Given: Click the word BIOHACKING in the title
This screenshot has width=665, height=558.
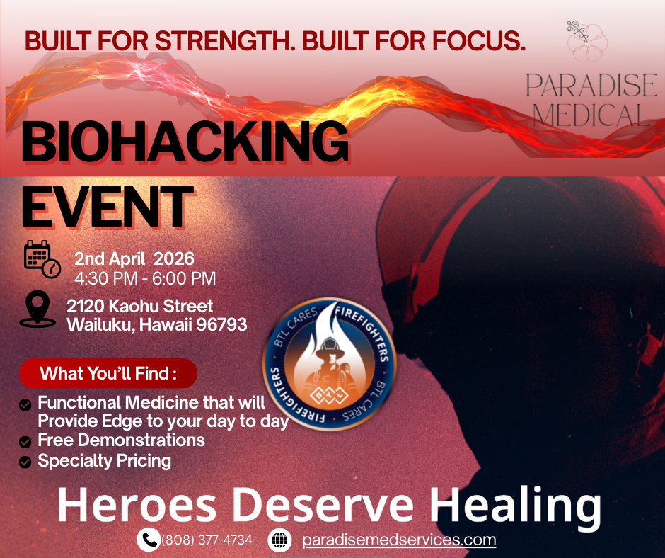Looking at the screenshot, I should pyautogui.click(x=185, y=143).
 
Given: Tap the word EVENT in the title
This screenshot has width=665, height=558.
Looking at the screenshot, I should pyautogui.click(x=107, y=206).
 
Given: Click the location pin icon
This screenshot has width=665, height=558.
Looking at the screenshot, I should pyautogui.click(x=37, y=309).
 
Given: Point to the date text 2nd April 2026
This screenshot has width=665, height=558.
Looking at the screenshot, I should pyautogui.click(x=134, y=259).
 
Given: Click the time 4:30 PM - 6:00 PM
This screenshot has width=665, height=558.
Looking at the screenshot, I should pyautogui.click(x=145, y=278).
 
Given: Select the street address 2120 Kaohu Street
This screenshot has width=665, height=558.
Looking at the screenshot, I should pyautogui.click(x=139, y=307).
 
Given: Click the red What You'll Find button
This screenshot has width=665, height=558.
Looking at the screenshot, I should pyautogui.click(x=108, y=373).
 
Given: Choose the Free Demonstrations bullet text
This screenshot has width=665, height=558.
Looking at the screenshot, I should pyautogui.click(x=121, y=440).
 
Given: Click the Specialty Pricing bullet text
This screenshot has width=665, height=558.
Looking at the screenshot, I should pyautogui.click(x=104, y=461).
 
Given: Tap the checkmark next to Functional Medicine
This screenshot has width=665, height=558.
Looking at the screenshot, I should pyautogui.click(x=25, y=404).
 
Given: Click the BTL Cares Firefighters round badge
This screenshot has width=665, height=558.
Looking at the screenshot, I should pyautogui.click(x=330, y=364).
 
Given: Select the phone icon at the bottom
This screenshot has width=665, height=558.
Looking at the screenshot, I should pyautogui.click(x=148, y=540).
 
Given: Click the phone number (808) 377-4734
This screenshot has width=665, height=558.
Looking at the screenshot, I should pyautogui.click(x=207, y=540).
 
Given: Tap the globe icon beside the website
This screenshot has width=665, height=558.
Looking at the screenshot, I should pyautogui.click(x=280, y=540).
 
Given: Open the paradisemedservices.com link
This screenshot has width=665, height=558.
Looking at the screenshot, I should pyautogui.click(x=399, y=540).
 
